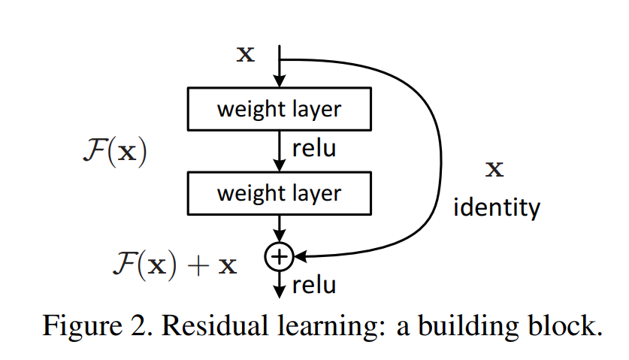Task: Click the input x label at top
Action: pos(246,54)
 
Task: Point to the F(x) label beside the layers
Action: pos(115,151)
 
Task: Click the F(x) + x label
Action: pos(175,265)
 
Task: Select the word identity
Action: pos(497,207)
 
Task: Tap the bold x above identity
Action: pos(494,169)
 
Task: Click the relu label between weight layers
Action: pos(314,149)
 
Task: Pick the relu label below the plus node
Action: pos(314,286)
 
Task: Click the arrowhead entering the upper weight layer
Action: pos(280,80)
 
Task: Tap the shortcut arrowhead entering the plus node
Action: pos(301,256)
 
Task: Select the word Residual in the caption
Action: pos(215,325)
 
